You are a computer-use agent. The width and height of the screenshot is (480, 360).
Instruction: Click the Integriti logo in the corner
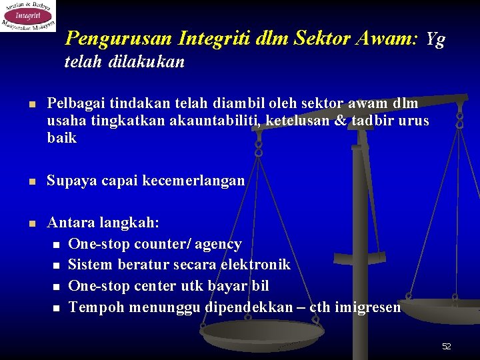click(28, 15)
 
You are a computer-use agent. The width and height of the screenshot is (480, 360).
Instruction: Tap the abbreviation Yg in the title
click(435, 39)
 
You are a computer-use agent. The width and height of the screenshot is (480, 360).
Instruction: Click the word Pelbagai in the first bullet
click(72, 103)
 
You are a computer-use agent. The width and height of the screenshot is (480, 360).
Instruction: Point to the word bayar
click(230, 286)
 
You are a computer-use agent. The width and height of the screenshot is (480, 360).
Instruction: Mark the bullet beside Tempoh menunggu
click(56, 308)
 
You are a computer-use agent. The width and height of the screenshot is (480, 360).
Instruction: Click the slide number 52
click(446, 346)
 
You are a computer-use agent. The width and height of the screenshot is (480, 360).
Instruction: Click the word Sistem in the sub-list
click(91, 265)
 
